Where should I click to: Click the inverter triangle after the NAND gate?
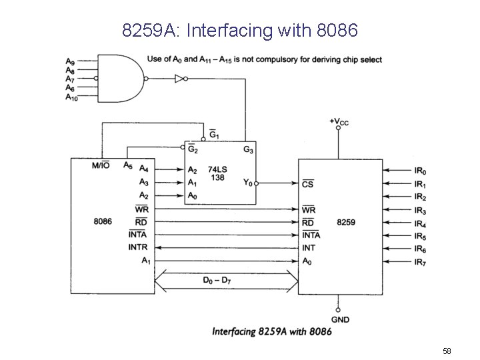click(x=179, y=79)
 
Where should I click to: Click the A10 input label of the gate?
click(x=71, y=97)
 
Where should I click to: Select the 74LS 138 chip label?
click(x=217, y=174)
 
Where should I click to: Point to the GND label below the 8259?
click(x=339, y=320)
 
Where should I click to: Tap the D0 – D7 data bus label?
click(x=218, y=280)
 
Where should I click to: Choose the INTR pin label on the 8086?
click(x=137, y=247)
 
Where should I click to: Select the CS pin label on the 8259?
click(x=307, y=183)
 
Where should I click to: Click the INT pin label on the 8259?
click(x=309, y=247)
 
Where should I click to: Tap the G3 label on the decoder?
click(x=248, y=149)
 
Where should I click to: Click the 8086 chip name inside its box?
click(x=103, y=220)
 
